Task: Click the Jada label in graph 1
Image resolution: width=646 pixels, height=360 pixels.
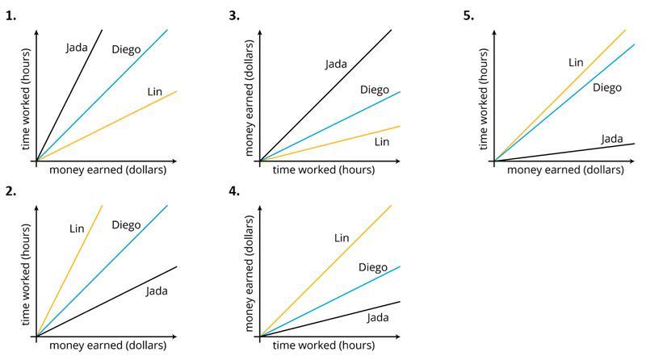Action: (77, 48)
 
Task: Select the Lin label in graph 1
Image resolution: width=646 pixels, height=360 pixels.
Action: (154, 92)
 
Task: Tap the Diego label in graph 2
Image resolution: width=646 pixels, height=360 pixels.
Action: (126, 224)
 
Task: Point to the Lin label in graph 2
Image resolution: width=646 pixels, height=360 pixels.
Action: (77, 228)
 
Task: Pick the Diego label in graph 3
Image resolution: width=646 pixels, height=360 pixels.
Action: (374, 90)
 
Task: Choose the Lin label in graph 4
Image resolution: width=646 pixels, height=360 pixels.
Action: (341, 237)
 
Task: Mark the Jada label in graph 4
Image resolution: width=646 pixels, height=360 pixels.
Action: (378, 317)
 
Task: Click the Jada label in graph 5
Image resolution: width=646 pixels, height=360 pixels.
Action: (612, 139)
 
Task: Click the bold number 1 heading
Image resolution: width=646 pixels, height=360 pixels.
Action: (10, 15)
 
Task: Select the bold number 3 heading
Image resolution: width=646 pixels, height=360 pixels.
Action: (234, 15)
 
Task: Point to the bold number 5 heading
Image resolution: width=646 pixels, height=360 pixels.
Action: (468, 15)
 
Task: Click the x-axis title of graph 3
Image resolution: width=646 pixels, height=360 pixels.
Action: (323, 170)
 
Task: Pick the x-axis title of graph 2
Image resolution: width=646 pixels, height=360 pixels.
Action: (107, 345)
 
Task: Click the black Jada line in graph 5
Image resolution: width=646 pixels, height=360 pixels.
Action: (565, 153)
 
